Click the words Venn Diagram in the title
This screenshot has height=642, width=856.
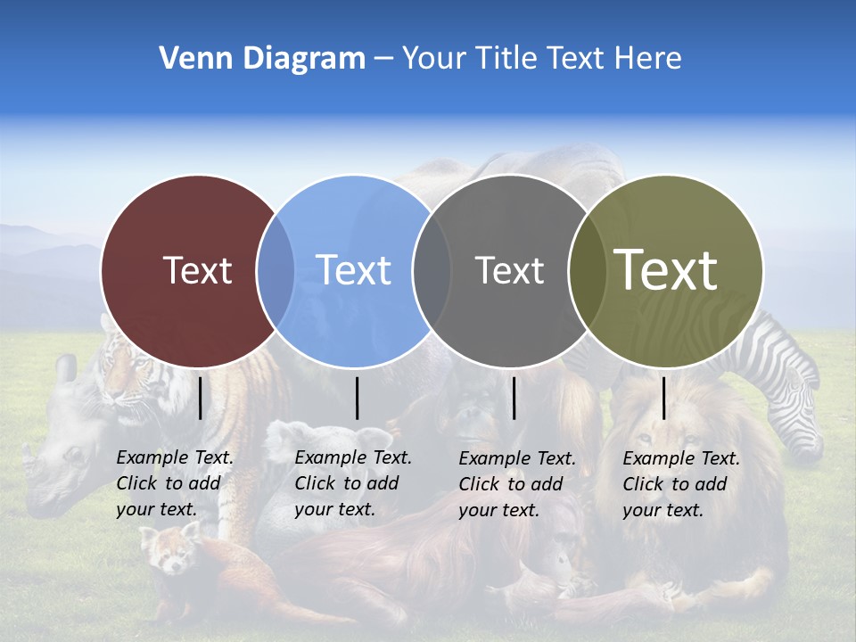coord(262,59)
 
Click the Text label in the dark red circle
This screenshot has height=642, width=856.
coord(197,270)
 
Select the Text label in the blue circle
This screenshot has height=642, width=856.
coord(354,270)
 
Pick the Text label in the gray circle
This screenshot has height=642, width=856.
coord(509,270)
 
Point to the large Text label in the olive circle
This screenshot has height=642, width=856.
coord(666,270)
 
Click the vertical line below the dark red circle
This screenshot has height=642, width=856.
coord(201,398)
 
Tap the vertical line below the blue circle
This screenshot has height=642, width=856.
coord(357,398)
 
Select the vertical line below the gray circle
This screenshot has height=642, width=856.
coord(514,398)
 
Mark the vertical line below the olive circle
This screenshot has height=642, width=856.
coord(664,398)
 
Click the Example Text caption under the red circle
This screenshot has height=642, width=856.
coord(174,483)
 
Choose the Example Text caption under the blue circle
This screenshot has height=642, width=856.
coord(352,483)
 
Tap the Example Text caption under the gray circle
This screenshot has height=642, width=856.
coord(516,484)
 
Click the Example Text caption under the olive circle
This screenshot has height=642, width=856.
coord(680,484)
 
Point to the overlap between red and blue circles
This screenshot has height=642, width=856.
coord(276,270)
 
